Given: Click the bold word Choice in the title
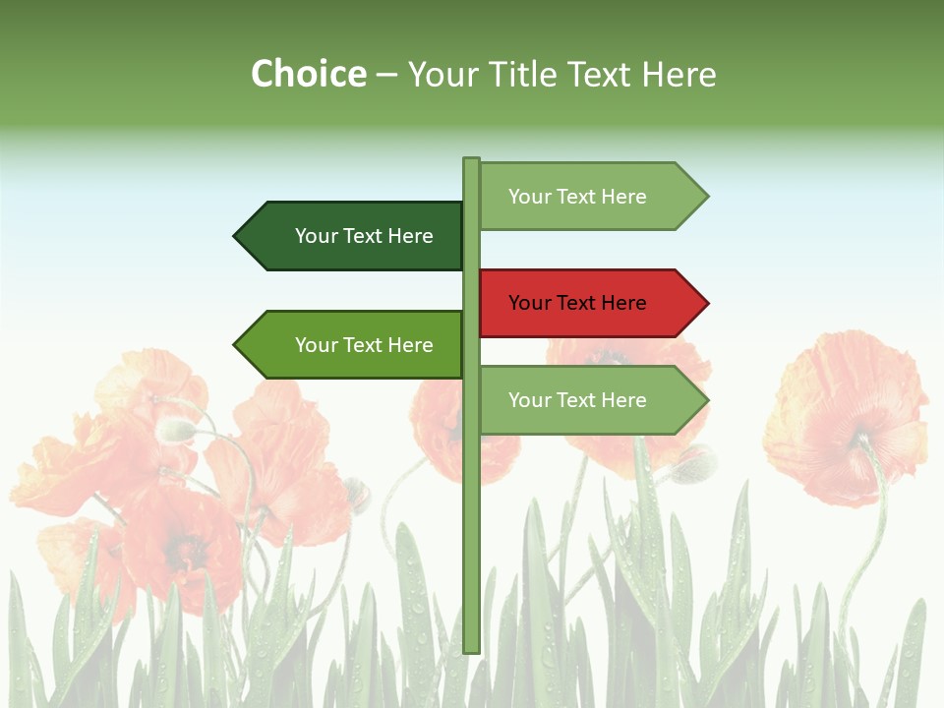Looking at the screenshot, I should coord(308,74).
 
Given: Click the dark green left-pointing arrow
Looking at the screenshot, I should coord(349,236).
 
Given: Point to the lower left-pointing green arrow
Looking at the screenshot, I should coord(349,345).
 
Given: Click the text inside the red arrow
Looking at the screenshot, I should coord(577,303).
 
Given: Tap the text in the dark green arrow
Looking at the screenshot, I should coord(364,236).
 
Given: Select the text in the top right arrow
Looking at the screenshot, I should coord(577,197).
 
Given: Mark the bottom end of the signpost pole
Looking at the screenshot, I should coord(471,648).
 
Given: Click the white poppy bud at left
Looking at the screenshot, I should coord(175,430).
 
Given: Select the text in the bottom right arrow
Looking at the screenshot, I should coord(577,400).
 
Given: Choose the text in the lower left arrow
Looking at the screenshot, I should coord(364,345).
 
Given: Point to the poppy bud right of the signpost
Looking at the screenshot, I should coord(694,463).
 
